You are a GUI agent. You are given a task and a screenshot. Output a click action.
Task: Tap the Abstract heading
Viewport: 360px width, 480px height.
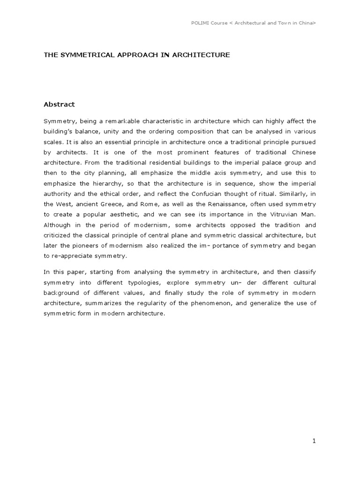click(59, 104)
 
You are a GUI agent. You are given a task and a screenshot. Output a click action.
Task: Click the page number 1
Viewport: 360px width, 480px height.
click(315, 441)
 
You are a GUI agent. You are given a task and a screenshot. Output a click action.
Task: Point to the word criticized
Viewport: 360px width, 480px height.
click(60, 235)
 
